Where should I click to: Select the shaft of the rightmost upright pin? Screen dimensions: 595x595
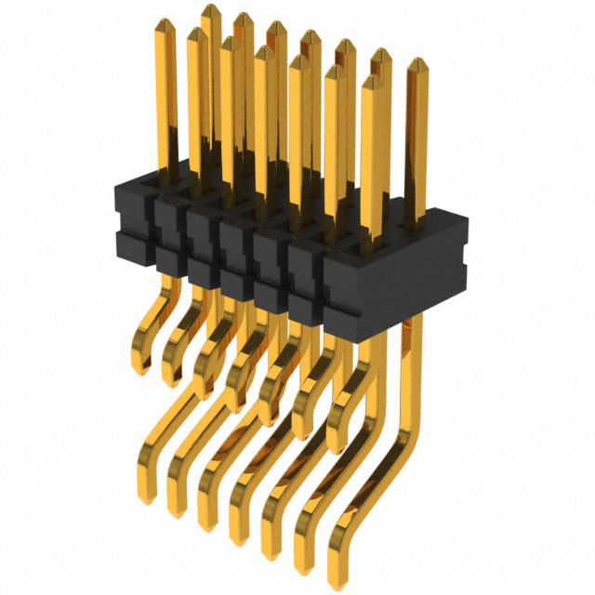[x=416, y=139]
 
